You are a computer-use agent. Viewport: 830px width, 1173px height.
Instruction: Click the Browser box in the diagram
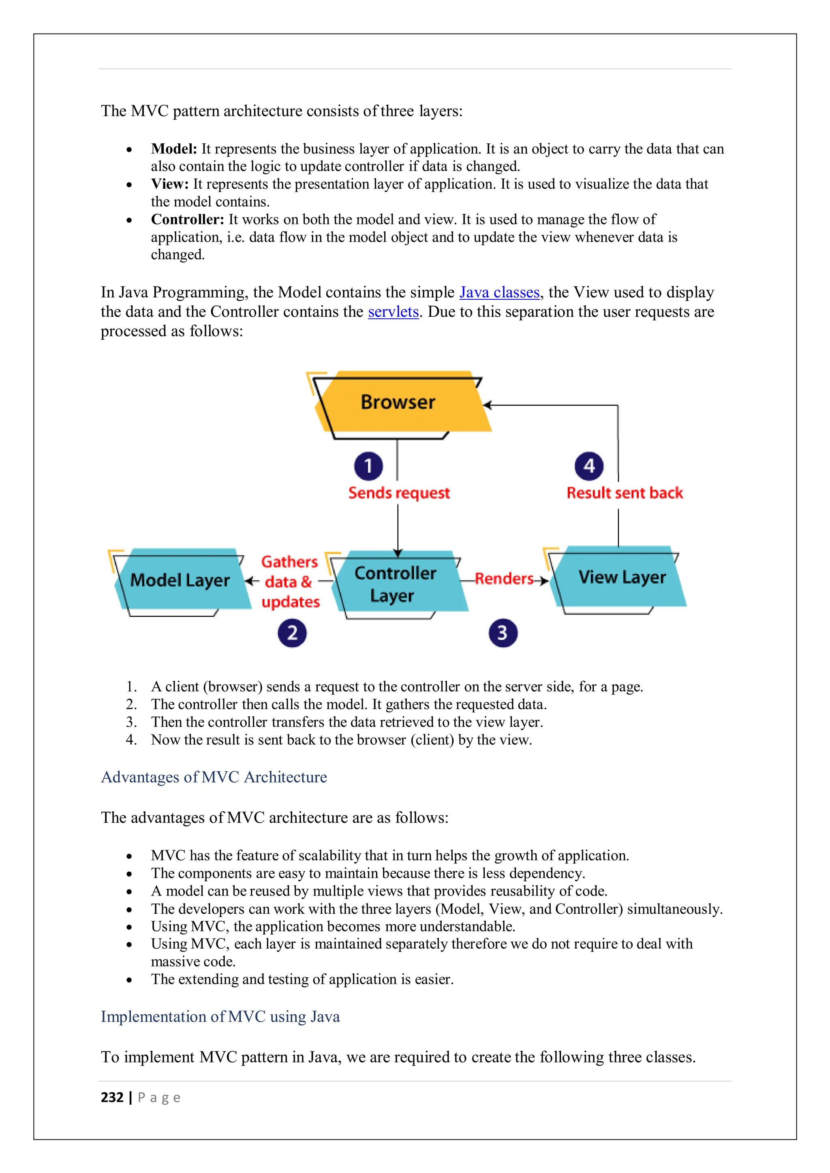pyautogui.click(x=398, y=403)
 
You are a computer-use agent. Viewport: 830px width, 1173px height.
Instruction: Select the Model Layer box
pyautogui.click(x=180, y=580)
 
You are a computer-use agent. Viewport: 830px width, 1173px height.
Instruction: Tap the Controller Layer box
pyautogui.click(x=395, y=584)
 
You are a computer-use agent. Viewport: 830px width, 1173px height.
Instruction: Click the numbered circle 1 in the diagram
pyautogui.click(x=368, y=466)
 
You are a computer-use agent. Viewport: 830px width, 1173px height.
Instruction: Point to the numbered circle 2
pyautogui.click(x=292, y=633)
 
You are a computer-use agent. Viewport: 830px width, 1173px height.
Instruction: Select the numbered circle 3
pyautogui.click(x=503, y=633)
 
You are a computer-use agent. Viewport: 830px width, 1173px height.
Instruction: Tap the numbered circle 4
pyautogui.click(x=589, y=466)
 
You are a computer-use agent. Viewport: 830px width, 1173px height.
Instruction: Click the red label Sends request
pyautogui.click(x=399, y=493)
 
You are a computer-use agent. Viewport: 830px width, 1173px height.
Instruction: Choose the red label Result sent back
pyautogui.click(x=625, y=493)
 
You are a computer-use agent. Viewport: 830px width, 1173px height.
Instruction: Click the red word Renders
pyautogui.click(x=504, y=579)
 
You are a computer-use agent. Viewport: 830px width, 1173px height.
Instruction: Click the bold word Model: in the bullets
pyautogui.click(x=174, y=149)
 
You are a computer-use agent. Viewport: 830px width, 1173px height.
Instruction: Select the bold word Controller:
pyautogui.click(x=188, y=219)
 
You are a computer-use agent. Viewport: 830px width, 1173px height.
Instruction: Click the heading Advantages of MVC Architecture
pyautogui.click(x=214, y=777)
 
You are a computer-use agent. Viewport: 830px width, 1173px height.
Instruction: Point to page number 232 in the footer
pyautogui.click(x=112, y=1097)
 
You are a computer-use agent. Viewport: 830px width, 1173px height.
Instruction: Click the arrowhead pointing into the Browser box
pyautogui.click(x=487, y=405)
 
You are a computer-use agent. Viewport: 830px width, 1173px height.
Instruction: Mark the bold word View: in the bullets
pyautogui.click(x=170, y=184)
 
